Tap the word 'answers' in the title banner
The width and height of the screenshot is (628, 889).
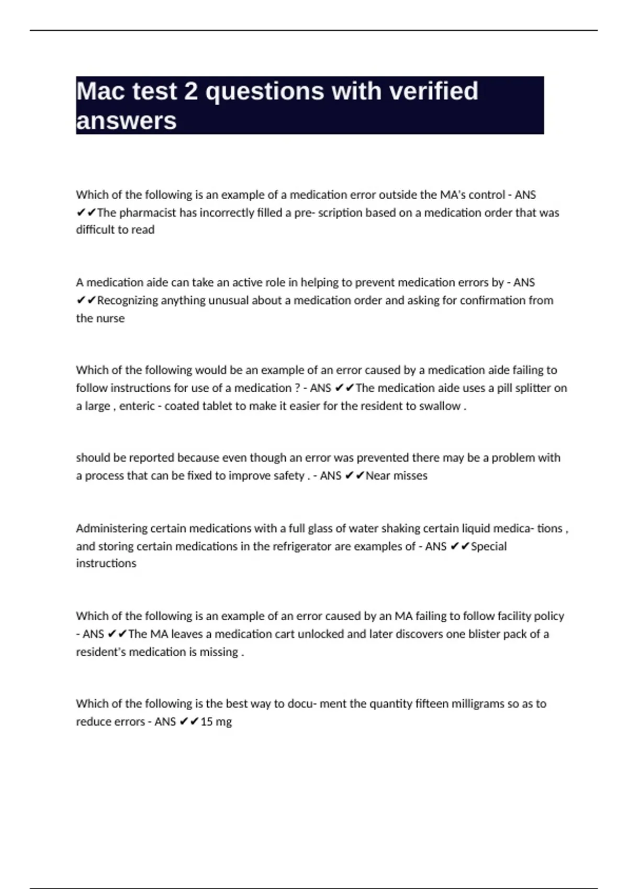coord(126,121)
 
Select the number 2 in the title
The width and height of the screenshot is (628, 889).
coord(190,91)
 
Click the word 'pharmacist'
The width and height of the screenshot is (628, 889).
coord(148,213)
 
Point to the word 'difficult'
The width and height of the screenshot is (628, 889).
coord(97,230)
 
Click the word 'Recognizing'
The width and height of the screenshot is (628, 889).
coord(128,300)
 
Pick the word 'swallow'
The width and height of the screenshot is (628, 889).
coord(440,406)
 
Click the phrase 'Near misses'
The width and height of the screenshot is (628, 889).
coord(396,476)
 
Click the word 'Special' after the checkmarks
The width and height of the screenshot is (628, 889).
coord(489,546)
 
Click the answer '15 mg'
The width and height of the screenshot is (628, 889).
coord(216,722)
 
